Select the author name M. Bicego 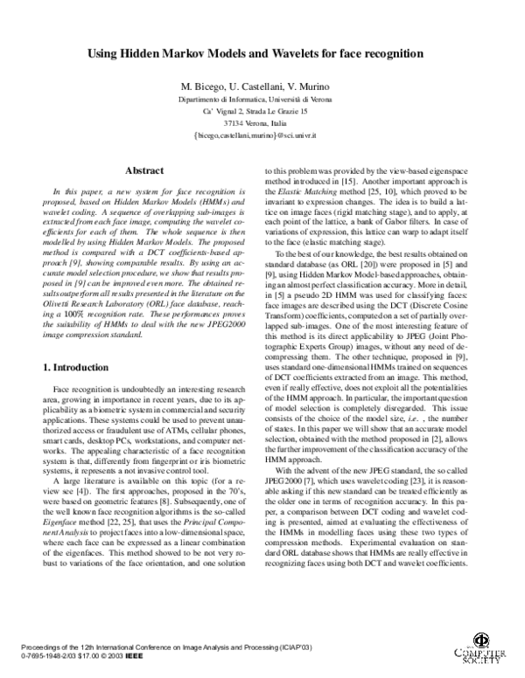(x=202, y=88)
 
